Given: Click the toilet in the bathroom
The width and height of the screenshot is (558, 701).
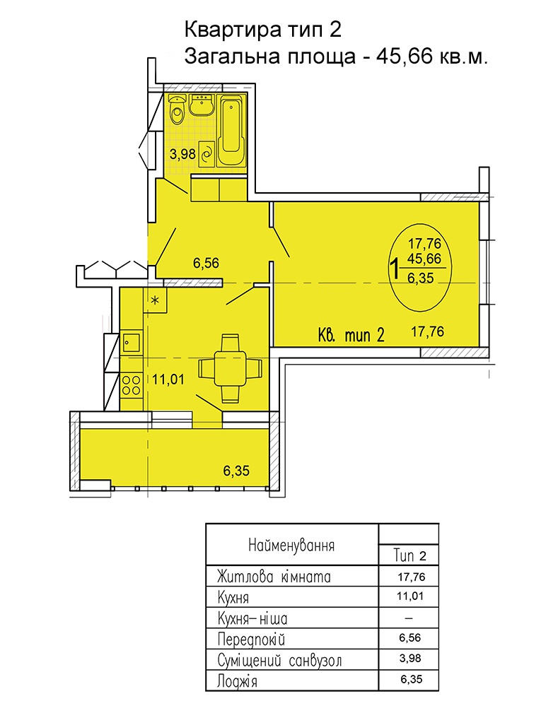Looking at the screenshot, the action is coord(178,112).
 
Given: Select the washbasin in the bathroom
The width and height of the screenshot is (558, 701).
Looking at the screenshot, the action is coord(202,106).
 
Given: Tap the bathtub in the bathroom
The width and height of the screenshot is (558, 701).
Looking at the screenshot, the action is coord(231,133).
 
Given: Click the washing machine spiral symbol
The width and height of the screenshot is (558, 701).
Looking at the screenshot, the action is coord(207,154).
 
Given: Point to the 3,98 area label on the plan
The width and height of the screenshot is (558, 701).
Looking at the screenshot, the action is coord(182,154).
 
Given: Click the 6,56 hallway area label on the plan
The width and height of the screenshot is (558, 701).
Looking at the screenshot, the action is coord(206,263).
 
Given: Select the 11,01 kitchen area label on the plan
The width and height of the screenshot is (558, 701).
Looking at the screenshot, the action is coord(168,379).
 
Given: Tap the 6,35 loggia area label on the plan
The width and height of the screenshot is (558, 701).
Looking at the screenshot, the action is coord(236,471).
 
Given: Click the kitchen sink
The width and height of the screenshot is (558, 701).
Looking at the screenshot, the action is coord(131,343).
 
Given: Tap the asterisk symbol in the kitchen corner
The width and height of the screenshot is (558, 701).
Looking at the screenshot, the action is coord(155,300).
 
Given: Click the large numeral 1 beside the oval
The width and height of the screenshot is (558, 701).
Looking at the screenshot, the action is coord(394,269).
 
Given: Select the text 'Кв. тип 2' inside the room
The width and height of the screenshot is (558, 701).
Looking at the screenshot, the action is coord(351,335).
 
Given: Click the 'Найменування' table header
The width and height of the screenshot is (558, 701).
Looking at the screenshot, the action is coord(291,546).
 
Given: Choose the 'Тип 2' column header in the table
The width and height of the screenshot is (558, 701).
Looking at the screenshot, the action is coord(410,555).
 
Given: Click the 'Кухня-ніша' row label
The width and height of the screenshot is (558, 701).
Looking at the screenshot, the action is coord(252,619).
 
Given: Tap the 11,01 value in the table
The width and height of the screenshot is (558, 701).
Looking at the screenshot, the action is coord(410,596).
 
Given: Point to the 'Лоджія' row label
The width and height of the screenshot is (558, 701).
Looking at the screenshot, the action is coord(237,681).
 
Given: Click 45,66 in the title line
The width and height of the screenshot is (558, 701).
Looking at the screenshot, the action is coord(405,57).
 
